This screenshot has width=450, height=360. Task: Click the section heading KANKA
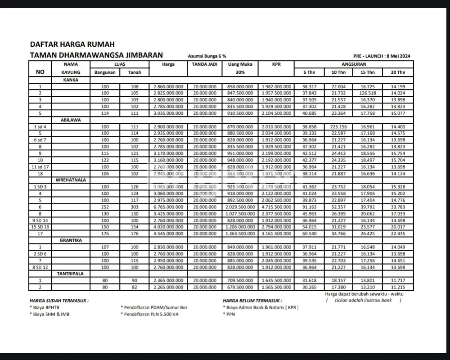[x=71, y=80]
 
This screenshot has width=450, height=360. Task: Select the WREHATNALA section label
[x=71, y=180]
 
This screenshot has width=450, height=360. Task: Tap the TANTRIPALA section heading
[x=71, y=273]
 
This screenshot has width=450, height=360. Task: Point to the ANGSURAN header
[x=353, y=64]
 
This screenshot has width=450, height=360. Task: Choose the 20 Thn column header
[x=398, y=72]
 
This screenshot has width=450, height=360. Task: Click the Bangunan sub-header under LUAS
[x=105, y=72]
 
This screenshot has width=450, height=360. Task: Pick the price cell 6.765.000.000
[x=168, y=207]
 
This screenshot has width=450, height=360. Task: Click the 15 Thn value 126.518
[x=368, y=93]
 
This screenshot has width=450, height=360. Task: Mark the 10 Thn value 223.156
[x=338, y=127]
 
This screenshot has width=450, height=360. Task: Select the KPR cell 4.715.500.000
[x=276, y=207]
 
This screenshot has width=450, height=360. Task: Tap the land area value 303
[x=134, y=207]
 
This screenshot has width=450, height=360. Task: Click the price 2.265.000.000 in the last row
[x=168, y=287]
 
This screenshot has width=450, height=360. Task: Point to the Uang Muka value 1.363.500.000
[x=240, y=234]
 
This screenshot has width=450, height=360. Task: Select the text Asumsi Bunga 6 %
[x=207, y=56]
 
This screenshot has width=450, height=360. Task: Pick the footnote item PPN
[x=230, y=314]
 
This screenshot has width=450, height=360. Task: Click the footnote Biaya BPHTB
[x=46, y=307]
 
